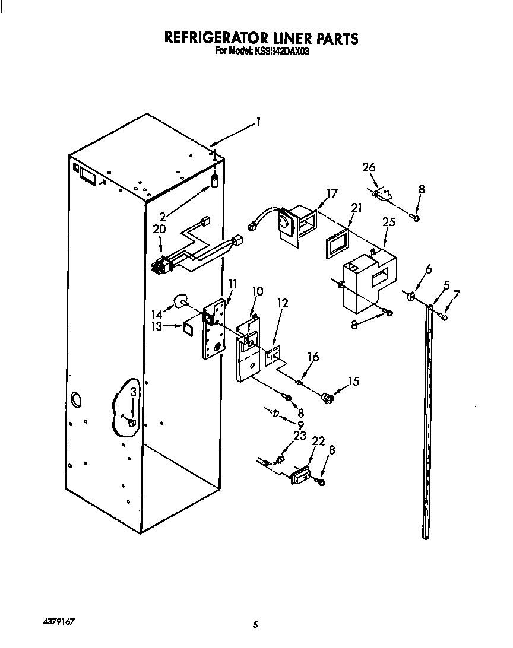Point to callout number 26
pyautogui.click(x=369, y=167)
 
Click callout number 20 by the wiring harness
pyautogui.click(x=160, y=229)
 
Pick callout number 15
pyautogui.click(x=353, y=382)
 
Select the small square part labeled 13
pyautogui.click(x=189, y=326)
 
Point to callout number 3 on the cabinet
pyautogui.click(x=134, y=392)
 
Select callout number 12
pyautogui.click(x=282, y=303)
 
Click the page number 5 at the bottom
pyautogui.click(x=256, y=624)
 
